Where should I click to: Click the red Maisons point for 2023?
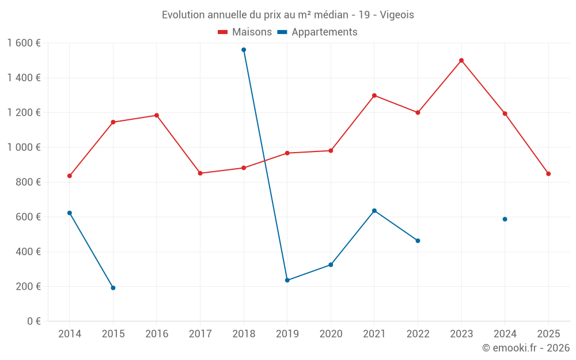coord(461,60)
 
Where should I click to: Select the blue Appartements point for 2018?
coord(244,50)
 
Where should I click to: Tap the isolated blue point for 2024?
coord(505,219)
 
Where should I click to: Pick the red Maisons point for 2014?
coord(70,176)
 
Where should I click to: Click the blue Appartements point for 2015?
coord(113,288)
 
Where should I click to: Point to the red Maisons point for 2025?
coord(548,174)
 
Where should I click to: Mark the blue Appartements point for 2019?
coord(287,281)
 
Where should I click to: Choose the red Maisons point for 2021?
coord(374,96)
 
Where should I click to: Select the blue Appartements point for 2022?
coord(418,241)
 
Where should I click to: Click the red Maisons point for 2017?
coord(200,173)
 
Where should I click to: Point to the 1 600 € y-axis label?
coord(24,43)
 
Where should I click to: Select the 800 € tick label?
coord(28,182)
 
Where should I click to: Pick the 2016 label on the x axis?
coord(157,334)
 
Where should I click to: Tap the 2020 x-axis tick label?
coord(331,334)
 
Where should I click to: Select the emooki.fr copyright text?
coord(526,348)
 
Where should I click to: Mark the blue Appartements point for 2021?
coord(374,211)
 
